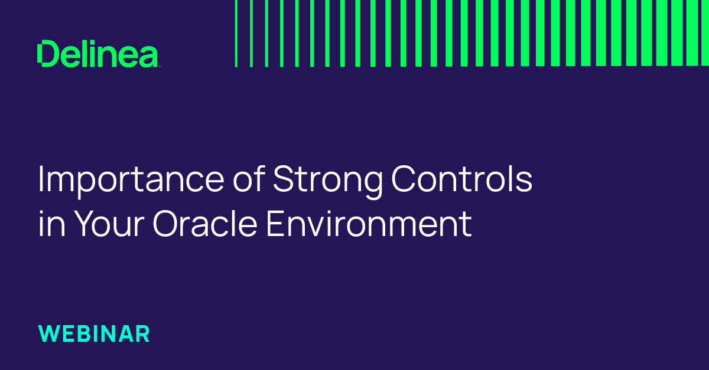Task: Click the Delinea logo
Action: pos(97,54)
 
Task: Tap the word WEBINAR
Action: pos(94,333)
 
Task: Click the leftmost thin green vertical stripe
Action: pos(236,33)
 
